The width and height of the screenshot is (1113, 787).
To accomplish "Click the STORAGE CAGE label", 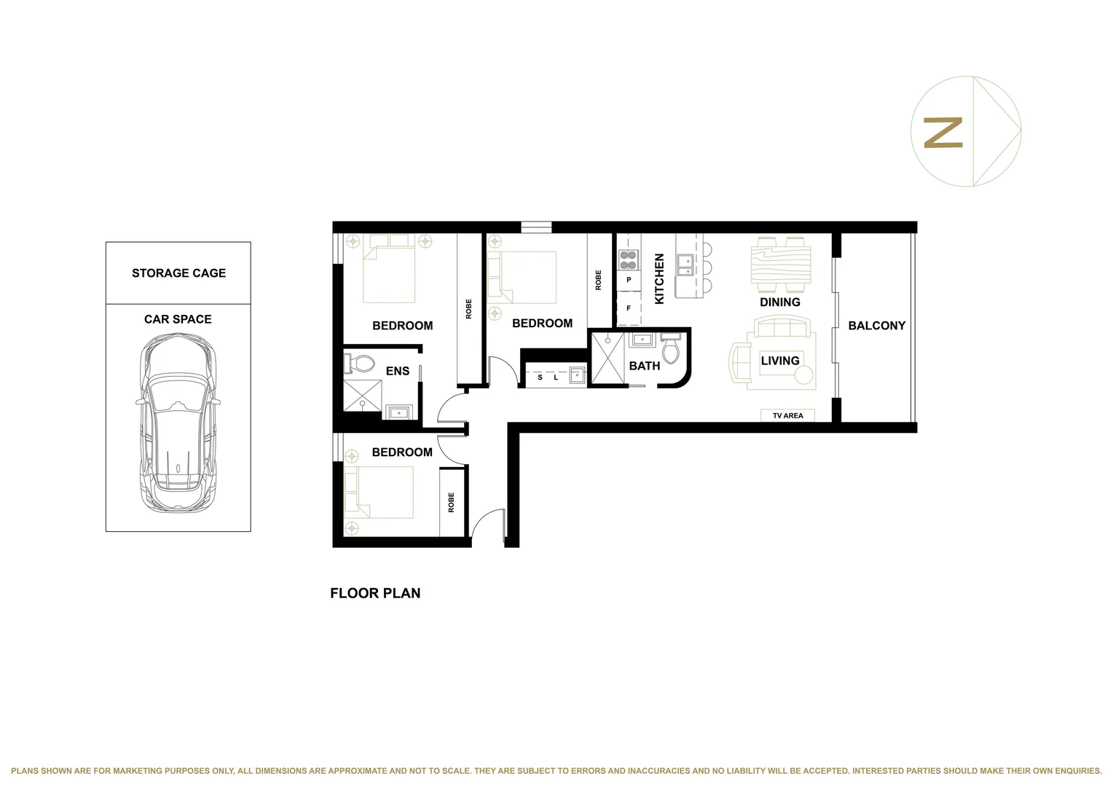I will click(178, 273).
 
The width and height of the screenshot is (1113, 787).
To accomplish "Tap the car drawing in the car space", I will click(177, 423).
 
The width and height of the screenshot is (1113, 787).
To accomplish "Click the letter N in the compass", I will click(943, 133).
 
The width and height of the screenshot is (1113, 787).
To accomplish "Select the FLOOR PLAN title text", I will click(375, 593).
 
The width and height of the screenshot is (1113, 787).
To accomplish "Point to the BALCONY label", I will click(876, 326).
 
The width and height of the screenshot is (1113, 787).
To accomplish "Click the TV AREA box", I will click(787, 415).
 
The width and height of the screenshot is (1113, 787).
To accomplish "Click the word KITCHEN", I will click(659, 278).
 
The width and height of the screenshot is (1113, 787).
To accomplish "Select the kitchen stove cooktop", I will click(628, 260).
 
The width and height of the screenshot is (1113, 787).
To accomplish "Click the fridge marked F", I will click(629, 308).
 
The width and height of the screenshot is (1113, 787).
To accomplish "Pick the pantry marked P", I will click(629, 280).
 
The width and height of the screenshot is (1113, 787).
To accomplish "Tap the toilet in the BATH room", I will click(670, 350).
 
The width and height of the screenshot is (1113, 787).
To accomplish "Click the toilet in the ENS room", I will click(360, 363).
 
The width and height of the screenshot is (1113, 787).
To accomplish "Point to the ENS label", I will click(397, 371).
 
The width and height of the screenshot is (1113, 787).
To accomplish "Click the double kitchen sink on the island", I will click(685, 265).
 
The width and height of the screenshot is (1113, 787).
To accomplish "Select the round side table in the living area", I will click(803, 375).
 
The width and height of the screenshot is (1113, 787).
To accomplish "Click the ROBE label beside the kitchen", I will click(599, 281).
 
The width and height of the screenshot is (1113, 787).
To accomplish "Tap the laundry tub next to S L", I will click(577, 376).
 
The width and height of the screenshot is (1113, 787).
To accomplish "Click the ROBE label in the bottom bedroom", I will click(451, 502).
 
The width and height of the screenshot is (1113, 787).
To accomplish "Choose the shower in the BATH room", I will click(607, 358).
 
